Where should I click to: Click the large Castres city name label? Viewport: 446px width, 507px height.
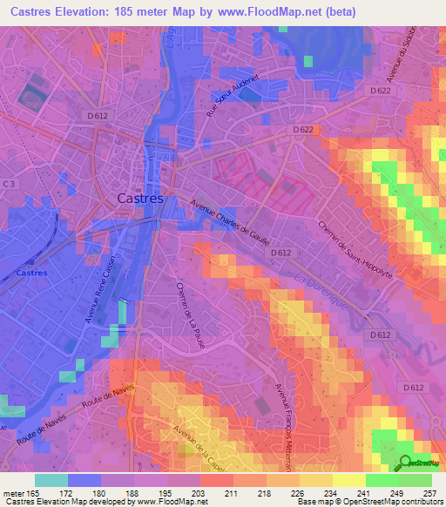pos(140,199)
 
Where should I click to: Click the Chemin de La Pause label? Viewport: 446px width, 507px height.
pos(188,313)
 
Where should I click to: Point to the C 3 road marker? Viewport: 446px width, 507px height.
pos(9,184)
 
